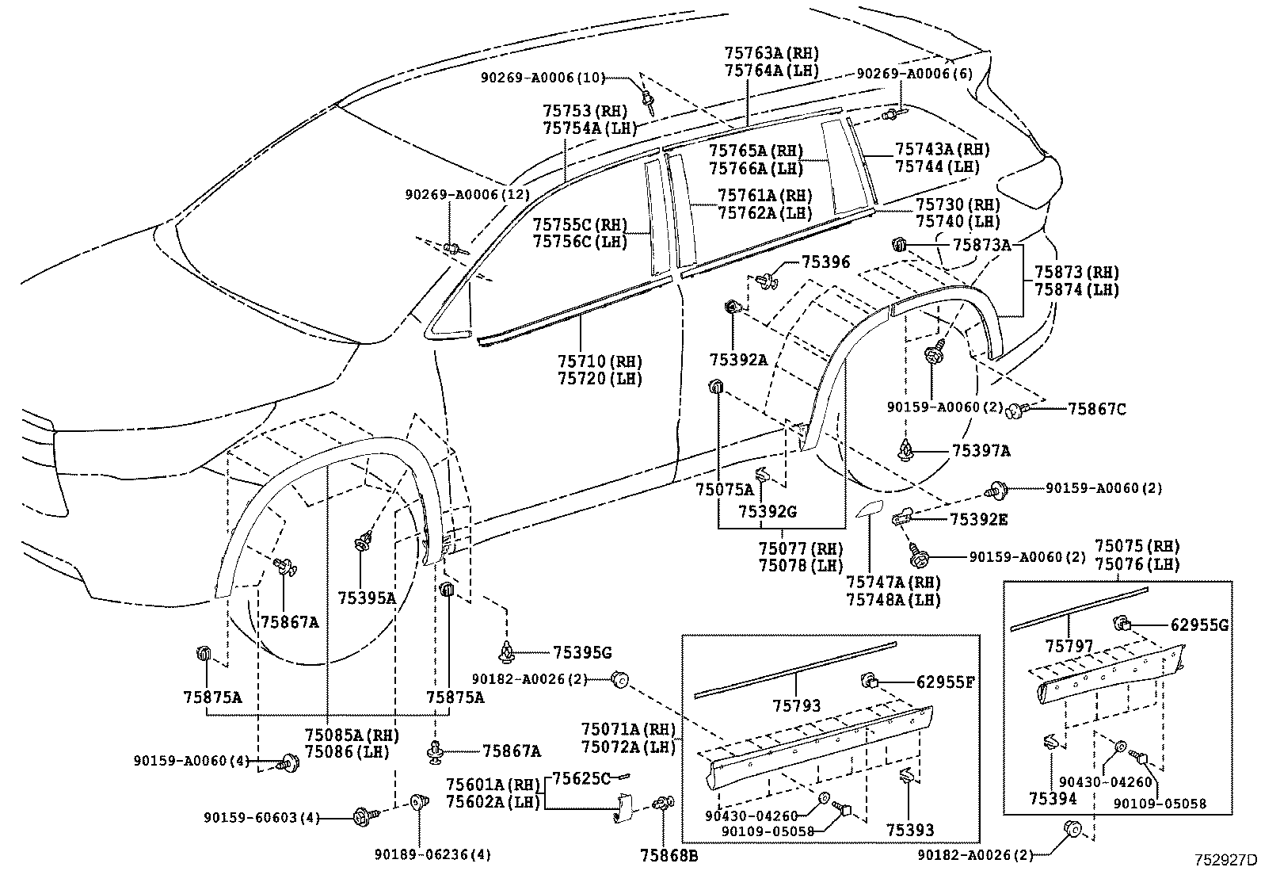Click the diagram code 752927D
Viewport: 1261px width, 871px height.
pyautogui.click(x=1226, y=859)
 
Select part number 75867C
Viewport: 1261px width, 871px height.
pyautogui.click(x=1097, y=409)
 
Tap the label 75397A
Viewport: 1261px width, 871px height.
pyautogui.click(x=981, y=450)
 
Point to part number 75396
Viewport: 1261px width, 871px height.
pyautogui.click(x=825, y=261)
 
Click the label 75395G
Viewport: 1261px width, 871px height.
pyautogui.click(x=582, y=652)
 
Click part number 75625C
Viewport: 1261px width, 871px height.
pyautogui.click(x=581, y=778)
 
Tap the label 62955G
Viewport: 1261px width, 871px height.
pyautogui.click(x=1199, y=625)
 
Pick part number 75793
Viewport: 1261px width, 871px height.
pyautogui.click(x=797, y=705)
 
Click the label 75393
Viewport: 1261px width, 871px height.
pyautogui.click(x=910, y=830)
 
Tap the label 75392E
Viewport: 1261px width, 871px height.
pyautogui.click(x=978, y=519)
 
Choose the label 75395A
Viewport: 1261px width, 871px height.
pyautogui.click(x=366, y=598)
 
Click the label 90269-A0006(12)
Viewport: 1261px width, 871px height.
pyautogui.click(x=467, y=194)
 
